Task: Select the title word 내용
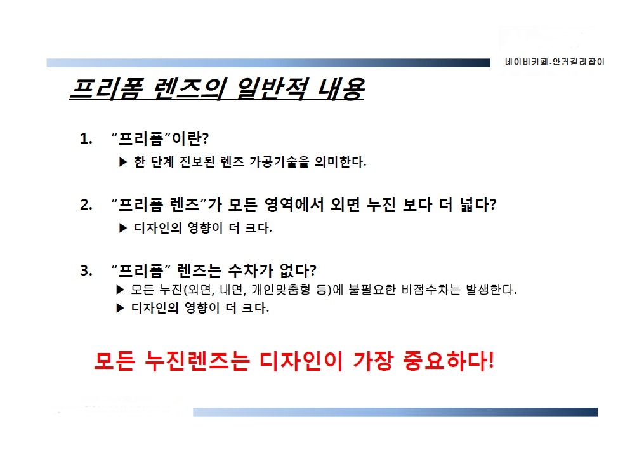click(x=341, y=89)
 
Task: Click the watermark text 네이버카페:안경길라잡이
click(x=555, y=62)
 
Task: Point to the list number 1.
click(x=86, y=139)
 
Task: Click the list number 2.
click(x=86, y=204)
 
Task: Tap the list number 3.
click(x=86, y=270)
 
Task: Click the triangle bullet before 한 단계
click(x=123, y=162)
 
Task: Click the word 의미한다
click(x=340, y=162)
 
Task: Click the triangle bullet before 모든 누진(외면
click(x=120, y=290)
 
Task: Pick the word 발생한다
click(x=491, y=290)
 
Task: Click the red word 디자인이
click(x=301, y=361)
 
